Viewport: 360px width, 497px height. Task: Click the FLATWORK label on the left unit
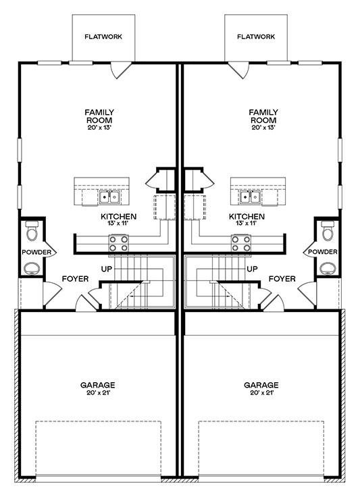coord(103,36)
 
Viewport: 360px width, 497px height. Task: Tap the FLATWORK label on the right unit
coord(256,36)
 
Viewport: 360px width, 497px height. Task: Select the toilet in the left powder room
coord(32,231)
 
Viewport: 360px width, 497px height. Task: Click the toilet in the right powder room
coord(328,231)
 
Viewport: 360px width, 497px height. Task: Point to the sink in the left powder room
coord(32,268)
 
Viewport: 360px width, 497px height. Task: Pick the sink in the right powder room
coord(328,268)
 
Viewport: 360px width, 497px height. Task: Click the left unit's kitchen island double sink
coord(109,197)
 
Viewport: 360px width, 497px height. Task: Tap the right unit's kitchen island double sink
coord(251,197)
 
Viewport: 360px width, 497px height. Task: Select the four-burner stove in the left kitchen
coord(118,243)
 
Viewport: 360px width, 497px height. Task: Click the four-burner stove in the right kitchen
coord(241,243)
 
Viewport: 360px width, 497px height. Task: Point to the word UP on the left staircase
coord(107,269)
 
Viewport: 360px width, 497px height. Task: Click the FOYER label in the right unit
coord(282,279)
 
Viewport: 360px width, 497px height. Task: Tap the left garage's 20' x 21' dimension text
coord(98,393)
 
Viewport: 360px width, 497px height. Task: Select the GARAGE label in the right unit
coord(261,385)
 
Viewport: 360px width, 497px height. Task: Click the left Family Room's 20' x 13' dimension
coord(99,128)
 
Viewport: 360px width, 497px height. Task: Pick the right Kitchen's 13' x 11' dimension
coord(247,223)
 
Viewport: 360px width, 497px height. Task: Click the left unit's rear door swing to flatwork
coord(121,70)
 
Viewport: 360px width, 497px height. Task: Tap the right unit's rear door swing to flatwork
coord(238,70)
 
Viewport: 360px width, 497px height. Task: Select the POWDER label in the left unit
coord(36,253)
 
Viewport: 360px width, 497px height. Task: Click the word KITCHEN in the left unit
coord(118,217)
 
